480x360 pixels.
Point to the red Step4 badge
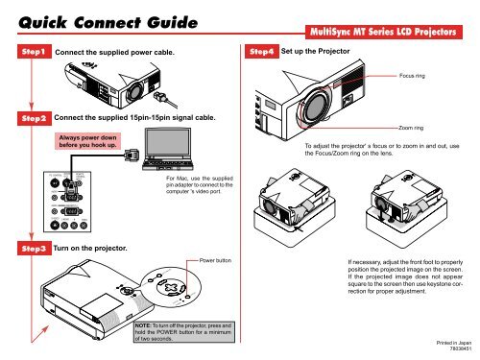point(257,50)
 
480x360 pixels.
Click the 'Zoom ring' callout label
point(413,127)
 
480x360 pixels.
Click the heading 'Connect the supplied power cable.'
point(116,50)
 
